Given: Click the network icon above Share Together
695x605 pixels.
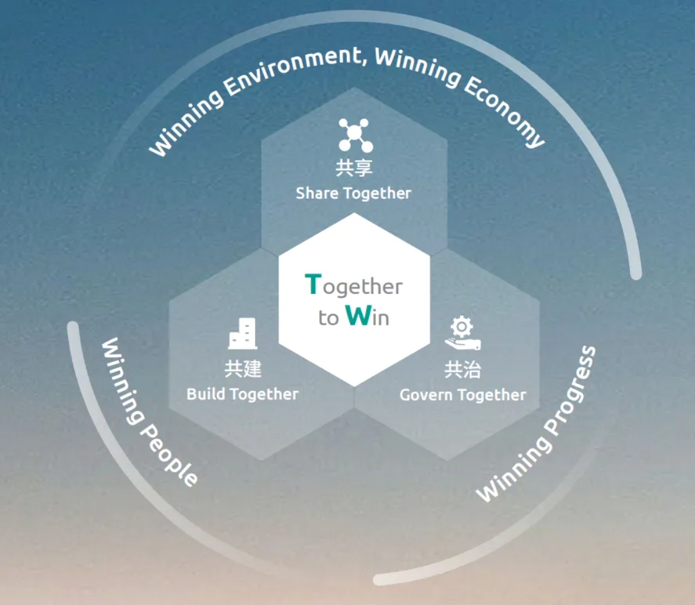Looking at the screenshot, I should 355,134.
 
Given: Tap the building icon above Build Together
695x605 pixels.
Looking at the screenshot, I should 243,334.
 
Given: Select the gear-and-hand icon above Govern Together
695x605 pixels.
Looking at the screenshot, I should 462,333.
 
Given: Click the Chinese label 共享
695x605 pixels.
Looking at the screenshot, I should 354,168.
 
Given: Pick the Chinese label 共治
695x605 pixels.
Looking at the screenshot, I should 462,370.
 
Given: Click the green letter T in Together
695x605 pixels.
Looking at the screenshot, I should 312,284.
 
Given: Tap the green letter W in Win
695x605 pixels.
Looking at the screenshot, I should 358,316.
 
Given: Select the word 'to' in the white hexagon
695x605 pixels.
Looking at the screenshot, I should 328,318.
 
